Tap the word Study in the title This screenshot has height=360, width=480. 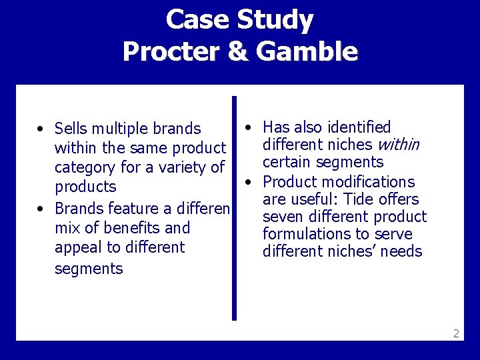(x=275, y=20)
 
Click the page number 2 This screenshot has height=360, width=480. (x=456, y=333)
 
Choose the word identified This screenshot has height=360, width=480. (x=358, y=127)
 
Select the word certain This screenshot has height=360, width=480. (x=286, y=162)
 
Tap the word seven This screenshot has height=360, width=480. (x=283, y=217)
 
